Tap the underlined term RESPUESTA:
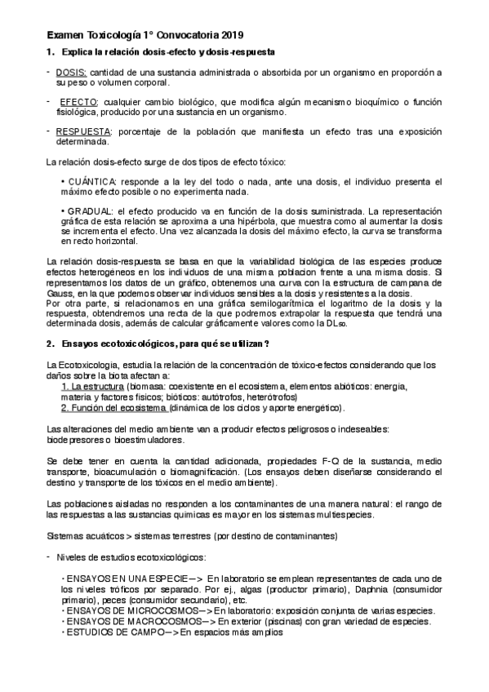tap(83, 131)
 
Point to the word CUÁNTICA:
tap(91, 181)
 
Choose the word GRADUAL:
tap(90, 211)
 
